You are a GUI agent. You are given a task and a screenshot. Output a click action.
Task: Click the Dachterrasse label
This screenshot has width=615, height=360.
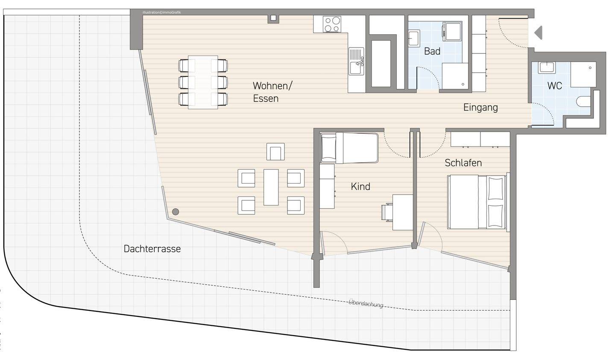(x=152, y=249)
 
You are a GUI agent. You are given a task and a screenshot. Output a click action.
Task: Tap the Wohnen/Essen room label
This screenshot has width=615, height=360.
(x=272, y=92)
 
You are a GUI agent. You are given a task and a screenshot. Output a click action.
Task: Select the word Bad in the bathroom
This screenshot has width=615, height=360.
(x=432, y=51)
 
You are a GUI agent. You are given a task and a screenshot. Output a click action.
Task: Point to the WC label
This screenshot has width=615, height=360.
(x=554, y=86)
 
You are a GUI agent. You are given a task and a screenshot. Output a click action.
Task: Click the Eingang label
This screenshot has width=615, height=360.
(x=480, y=107)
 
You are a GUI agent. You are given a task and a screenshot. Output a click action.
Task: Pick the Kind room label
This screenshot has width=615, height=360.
(x=360, y=187)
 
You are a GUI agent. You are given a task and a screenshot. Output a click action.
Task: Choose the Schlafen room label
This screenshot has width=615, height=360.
(x=463, y=163)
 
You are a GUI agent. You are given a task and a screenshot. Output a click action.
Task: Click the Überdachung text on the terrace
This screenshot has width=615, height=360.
(x=366, y=303)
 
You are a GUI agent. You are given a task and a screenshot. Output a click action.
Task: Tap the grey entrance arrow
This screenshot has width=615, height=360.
(x=538, y=32)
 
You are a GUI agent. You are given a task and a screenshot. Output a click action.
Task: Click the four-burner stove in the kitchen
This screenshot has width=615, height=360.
(x=331, y=24)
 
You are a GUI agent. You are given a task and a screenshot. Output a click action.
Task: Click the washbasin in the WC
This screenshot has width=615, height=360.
(x=546, y=67)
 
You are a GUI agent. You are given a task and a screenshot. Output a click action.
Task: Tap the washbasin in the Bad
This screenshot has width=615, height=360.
(x=413, y=38)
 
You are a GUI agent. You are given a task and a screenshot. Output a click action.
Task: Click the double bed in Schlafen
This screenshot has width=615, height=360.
(x=477, y=202)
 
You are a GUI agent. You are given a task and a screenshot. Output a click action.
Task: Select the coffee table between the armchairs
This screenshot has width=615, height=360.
(x=271, y=187)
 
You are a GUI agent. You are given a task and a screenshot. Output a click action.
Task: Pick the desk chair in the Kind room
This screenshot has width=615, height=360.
(x=388, y=212)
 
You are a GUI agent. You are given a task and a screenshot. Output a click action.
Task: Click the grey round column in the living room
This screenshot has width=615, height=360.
(x=175, y=211)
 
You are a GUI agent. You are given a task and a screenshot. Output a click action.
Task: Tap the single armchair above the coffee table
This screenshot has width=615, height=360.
(x=275, y=152)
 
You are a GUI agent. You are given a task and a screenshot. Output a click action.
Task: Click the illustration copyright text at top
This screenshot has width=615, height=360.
(x=162, y=13)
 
